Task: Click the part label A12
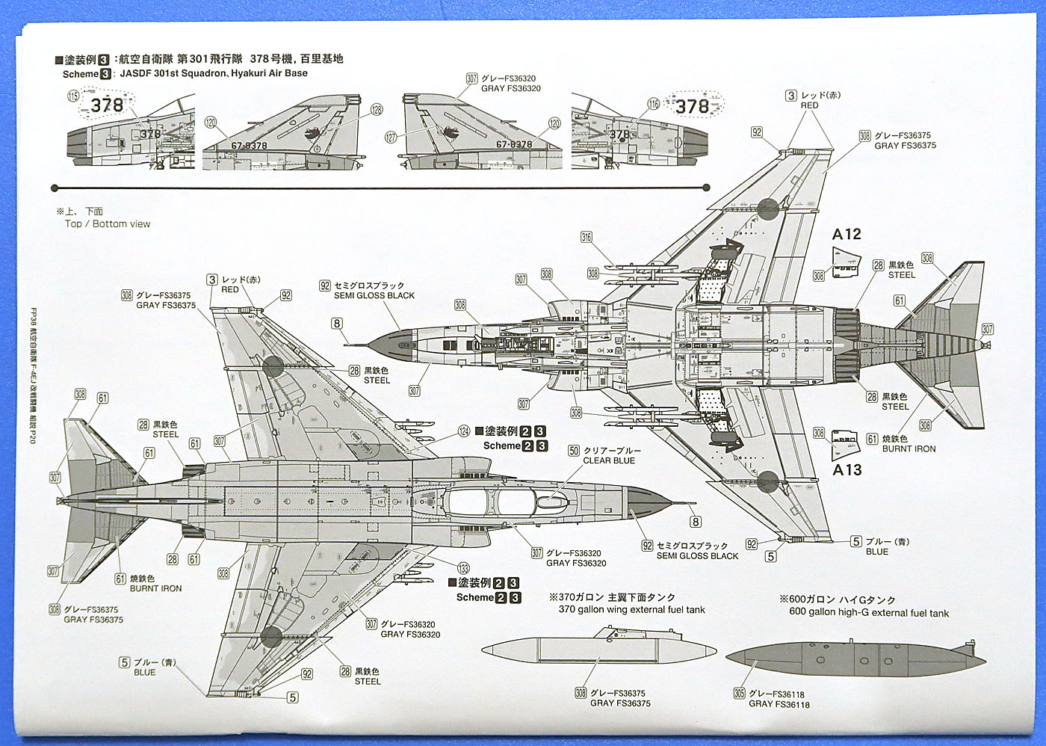click(x=847, y=235)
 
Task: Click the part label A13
click(x=847, y=470)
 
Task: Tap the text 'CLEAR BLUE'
click(x=609, y=460)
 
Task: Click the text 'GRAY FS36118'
click(x=779, y=704)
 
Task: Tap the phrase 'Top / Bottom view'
click(x=107, y=224)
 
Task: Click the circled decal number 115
click(x=73, y=96)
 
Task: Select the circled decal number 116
click(x=654, y=104)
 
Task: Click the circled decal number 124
click(x=464, y=431)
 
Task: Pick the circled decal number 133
click(x=463, y=569)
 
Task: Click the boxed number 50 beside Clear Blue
click(x=574, y=451)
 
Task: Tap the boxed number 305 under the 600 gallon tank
click(x=739, y=693)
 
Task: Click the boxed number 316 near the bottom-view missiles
click(x=587, y=238)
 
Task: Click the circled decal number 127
click(x=391, y=138)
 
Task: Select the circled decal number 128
click(x=377, y=110)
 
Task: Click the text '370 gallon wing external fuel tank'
click(x=631, y=609)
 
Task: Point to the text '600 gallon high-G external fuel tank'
click(x=869, y=613)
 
